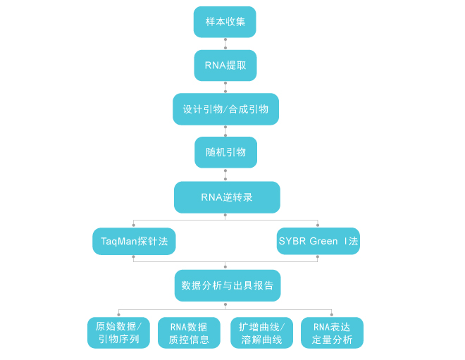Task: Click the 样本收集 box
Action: [x=225, y=22]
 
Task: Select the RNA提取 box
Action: [x=225, y=66]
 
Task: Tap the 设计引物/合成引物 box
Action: [x=225, y=109]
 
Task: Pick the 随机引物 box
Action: [x=225, y=152]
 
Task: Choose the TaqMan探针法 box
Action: [x=134, y=242]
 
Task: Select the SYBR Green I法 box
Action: [x=318, y=242]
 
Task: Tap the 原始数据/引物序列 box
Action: [x=118, y=333]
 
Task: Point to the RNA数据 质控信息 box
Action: [x=190, y=333]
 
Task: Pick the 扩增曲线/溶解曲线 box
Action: [x=261, y=333]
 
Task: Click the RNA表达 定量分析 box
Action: [x=332, y=333]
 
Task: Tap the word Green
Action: [x=323, y=242]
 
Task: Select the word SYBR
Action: [x=292, y=242]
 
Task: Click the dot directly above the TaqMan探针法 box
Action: [x=134, y=225]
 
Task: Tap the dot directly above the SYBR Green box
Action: [x=318, y=225]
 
